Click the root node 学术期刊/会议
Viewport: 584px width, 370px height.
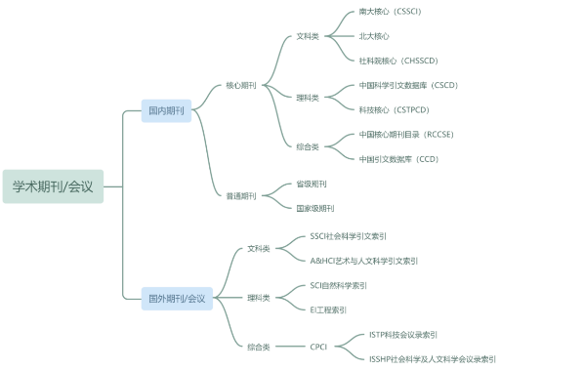[53, 186]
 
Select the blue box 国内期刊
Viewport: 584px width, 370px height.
[166, 110]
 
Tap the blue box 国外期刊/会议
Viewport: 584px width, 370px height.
[177, 299]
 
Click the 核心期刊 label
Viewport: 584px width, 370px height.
[241, 85]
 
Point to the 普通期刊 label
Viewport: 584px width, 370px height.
[241, 196]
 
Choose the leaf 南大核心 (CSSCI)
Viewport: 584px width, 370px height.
[390, 12]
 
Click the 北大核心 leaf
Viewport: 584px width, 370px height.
[374, 36]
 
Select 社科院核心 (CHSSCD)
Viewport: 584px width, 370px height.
[398, 61]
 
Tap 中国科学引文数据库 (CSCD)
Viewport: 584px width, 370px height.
[408, 85]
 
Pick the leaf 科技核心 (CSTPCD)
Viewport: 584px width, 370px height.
[394, 109]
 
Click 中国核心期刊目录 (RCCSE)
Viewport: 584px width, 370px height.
[406, 135]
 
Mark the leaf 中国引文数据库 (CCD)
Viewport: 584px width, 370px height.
[398, 159]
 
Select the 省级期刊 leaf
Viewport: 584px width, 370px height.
[312, 184]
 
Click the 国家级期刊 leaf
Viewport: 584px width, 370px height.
[315, 208]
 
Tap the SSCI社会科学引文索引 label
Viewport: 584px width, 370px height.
[349, 236]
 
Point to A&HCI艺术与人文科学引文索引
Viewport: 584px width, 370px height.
[364, 261]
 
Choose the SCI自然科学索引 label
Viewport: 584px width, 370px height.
[338, 285]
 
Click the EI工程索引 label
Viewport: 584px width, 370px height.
[328, 309]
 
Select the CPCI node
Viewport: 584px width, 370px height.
[318, 347]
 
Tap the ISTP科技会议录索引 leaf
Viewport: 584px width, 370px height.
[403, 335]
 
